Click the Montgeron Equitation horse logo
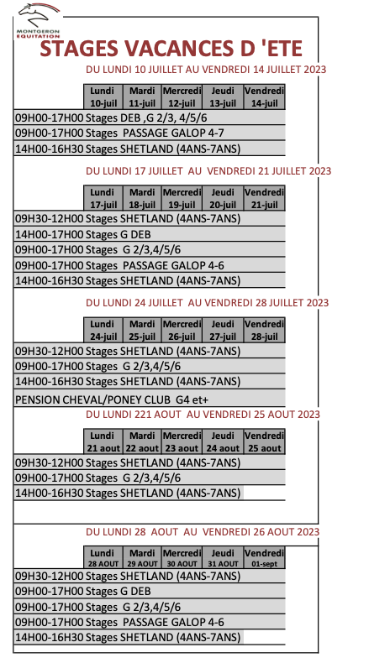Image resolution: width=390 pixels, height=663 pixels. [39, 20]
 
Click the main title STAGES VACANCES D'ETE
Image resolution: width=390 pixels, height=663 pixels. [171, 48]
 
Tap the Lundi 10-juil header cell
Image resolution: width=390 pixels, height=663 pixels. [103, 97]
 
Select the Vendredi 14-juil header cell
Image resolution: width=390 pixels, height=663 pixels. [264, 97]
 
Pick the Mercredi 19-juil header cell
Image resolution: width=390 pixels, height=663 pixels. [182, 198]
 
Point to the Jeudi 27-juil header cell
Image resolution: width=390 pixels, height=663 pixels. [224, 330]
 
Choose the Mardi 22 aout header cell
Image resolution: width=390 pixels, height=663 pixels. [142, 441]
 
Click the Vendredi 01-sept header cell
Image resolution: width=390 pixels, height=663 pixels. [264, 558]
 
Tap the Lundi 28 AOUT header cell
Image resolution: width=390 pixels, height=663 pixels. [103, 558]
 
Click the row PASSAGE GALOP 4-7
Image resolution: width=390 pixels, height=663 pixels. [150, 133]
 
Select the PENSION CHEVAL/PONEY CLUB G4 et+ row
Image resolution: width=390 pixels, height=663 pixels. [150, 399]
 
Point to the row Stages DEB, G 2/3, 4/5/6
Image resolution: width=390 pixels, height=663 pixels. [150, 117]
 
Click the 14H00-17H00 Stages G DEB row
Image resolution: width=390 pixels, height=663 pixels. [150, 234]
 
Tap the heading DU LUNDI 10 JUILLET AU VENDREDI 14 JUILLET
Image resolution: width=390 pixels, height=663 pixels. [206, 70]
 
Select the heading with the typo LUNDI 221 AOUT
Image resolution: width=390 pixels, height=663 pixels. [203, 415]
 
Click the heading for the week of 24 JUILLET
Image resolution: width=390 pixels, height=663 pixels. [207, 303]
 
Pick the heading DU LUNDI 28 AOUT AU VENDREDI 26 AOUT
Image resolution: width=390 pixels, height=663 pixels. [203, 531]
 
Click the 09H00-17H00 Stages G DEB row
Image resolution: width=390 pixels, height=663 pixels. [150, 591]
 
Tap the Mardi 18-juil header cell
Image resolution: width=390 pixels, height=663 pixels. [142, 198]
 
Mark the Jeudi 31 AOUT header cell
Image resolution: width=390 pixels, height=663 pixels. [224, 558]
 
